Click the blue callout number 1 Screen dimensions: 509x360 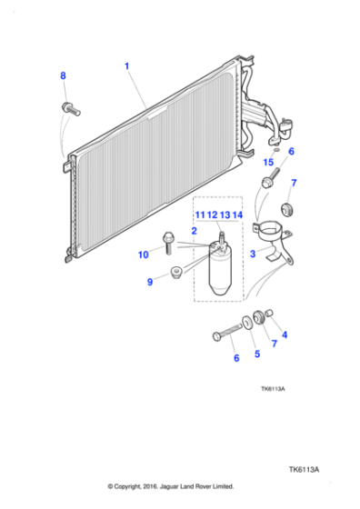click(126, 65)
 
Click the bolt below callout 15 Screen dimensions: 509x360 click(268, 184)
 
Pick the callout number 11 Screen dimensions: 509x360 click(198, 215)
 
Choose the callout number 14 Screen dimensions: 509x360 click(237, 215)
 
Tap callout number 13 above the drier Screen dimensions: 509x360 click(225, 215)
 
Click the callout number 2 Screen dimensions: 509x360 click(194, 232)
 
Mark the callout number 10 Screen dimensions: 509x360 click(144, 255)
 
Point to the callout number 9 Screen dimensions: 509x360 click(150, 283)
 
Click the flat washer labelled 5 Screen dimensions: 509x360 click(247, 324)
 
